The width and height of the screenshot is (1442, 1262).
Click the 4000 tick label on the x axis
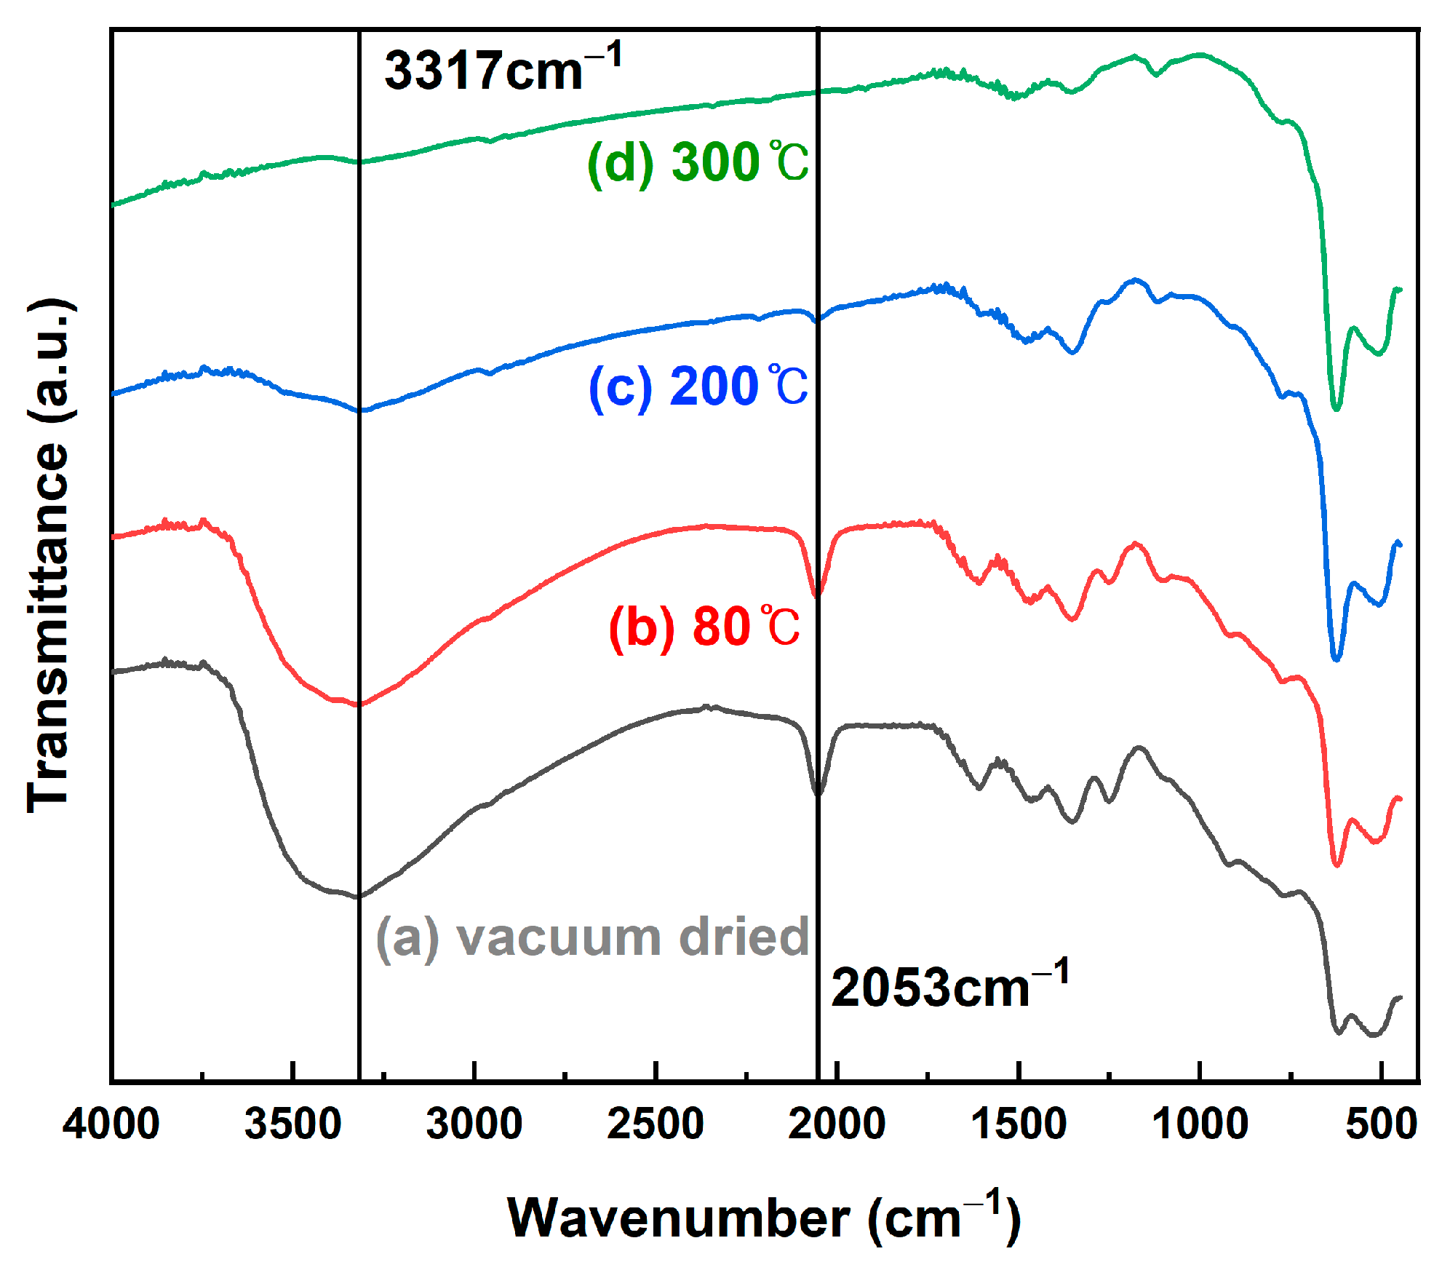(x=111, y=1124)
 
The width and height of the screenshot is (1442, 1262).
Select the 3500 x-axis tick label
(x=292, y=1124)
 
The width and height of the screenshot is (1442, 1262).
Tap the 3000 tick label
(x=474, y=1124)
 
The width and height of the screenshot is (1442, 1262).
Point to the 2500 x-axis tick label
(x=655, y=1124)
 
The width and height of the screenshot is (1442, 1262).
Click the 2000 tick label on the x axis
(x=837, y=1124)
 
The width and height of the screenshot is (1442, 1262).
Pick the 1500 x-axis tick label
(x=1019, y=1124)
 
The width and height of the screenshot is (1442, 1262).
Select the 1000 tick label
(x=1200, y=1124)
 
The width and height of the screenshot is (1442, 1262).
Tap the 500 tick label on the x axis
(x=1381, y=1124)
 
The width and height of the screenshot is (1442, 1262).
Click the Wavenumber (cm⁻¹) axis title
(x=764, y=1217)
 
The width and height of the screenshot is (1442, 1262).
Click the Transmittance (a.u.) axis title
(x=49, y=555)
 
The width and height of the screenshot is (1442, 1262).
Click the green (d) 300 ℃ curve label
(x=697, y=162)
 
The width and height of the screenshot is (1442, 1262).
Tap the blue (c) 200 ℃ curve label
(x=697, y=386)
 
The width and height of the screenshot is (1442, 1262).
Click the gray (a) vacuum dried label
(x=592, y=937)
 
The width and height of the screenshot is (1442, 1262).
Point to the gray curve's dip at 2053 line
(x=818, y=792)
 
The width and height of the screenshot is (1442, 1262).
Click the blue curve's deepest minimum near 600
(x=1336, y=659)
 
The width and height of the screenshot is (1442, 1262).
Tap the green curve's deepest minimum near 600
(x=1336, y=409)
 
